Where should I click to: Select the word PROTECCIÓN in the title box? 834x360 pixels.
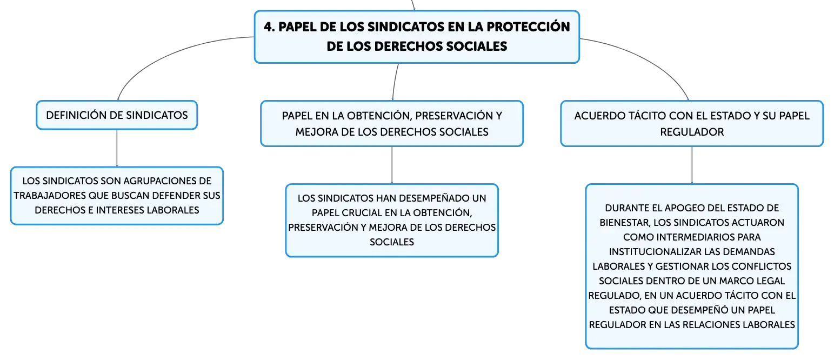click(528, 27)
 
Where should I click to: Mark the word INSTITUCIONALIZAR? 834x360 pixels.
click(655, 252)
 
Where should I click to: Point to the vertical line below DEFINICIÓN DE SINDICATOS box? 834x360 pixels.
click(117, 148)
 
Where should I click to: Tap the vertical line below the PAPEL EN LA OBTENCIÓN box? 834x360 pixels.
click(392, 165)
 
